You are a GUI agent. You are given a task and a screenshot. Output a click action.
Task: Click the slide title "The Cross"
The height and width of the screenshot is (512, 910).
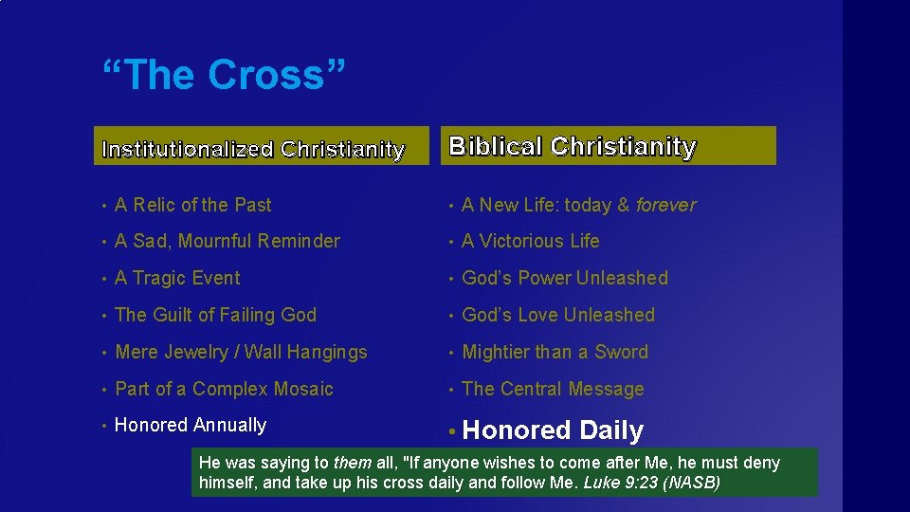click(x=224, y=75)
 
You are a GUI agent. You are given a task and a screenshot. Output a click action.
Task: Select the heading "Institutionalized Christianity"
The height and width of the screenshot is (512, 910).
click(x=253, y=149)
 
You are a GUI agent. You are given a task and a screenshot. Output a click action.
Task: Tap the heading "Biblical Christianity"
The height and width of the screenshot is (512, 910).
click(x=573, y=146)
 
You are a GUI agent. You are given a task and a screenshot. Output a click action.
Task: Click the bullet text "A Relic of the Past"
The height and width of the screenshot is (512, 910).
click(x=192, y=205)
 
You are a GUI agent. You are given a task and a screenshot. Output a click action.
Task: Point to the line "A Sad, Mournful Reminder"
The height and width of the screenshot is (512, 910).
click(x=227, y=242)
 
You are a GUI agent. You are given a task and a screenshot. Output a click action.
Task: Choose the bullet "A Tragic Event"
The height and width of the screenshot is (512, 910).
click(x=177, y=279)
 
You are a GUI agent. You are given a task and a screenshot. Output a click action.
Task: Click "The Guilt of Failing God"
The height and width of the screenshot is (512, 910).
click(x=215, y=315)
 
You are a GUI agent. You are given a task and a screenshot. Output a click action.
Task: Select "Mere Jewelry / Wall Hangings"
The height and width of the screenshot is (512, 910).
click(x=241, y=352)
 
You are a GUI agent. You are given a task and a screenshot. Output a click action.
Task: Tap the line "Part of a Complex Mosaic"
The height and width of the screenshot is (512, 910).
click(x=224, y=389)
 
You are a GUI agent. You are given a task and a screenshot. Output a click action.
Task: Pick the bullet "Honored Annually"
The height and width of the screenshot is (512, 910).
click(x=190, y=426)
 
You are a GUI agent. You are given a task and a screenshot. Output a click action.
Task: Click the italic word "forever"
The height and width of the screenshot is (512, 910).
click(x=665, y=205)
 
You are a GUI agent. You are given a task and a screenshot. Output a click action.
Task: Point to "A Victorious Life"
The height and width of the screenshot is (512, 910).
click(x=530, y=242)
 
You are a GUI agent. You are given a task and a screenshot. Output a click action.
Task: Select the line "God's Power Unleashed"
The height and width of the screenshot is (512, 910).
click(x=564, y=279)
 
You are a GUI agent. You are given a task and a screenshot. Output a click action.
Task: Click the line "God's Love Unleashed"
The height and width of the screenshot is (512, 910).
click(x=557, y=315)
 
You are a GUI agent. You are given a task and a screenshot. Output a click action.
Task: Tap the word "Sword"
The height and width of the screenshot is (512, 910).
click(x=621, y=352)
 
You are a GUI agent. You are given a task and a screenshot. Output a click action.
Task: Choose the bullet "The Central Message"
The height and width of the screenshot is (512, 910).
click(x=553, y=389)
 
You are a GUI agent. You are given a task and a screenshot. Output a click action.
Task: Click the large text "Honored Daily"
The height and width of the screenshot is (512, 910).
click(x=553, y=430)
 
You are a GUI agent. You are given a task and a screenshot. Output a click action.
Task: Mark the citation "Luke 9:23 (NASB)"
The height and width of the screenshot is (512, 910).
click(x=651, y=483)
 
